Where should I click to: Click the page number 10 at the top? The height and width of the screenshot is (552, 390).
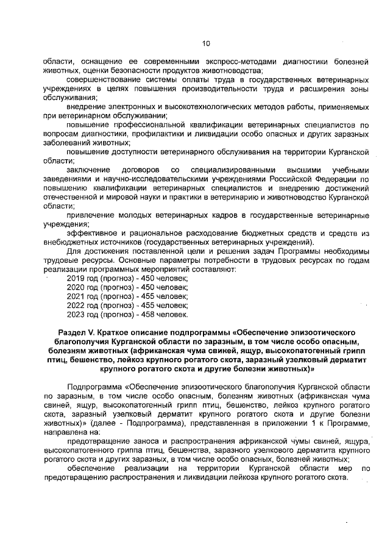pos(206,43)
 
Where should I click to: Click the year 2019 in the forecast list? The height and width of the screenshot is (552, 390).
pos(76,278)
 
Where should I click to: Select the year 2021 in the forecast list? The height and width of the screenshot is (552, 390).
pos(76,296)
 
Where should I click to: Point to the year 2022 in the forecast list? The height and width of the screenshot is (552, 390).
pos(76,305)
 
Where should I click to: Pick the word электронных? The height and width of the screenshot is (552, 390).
pos(117,107)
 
